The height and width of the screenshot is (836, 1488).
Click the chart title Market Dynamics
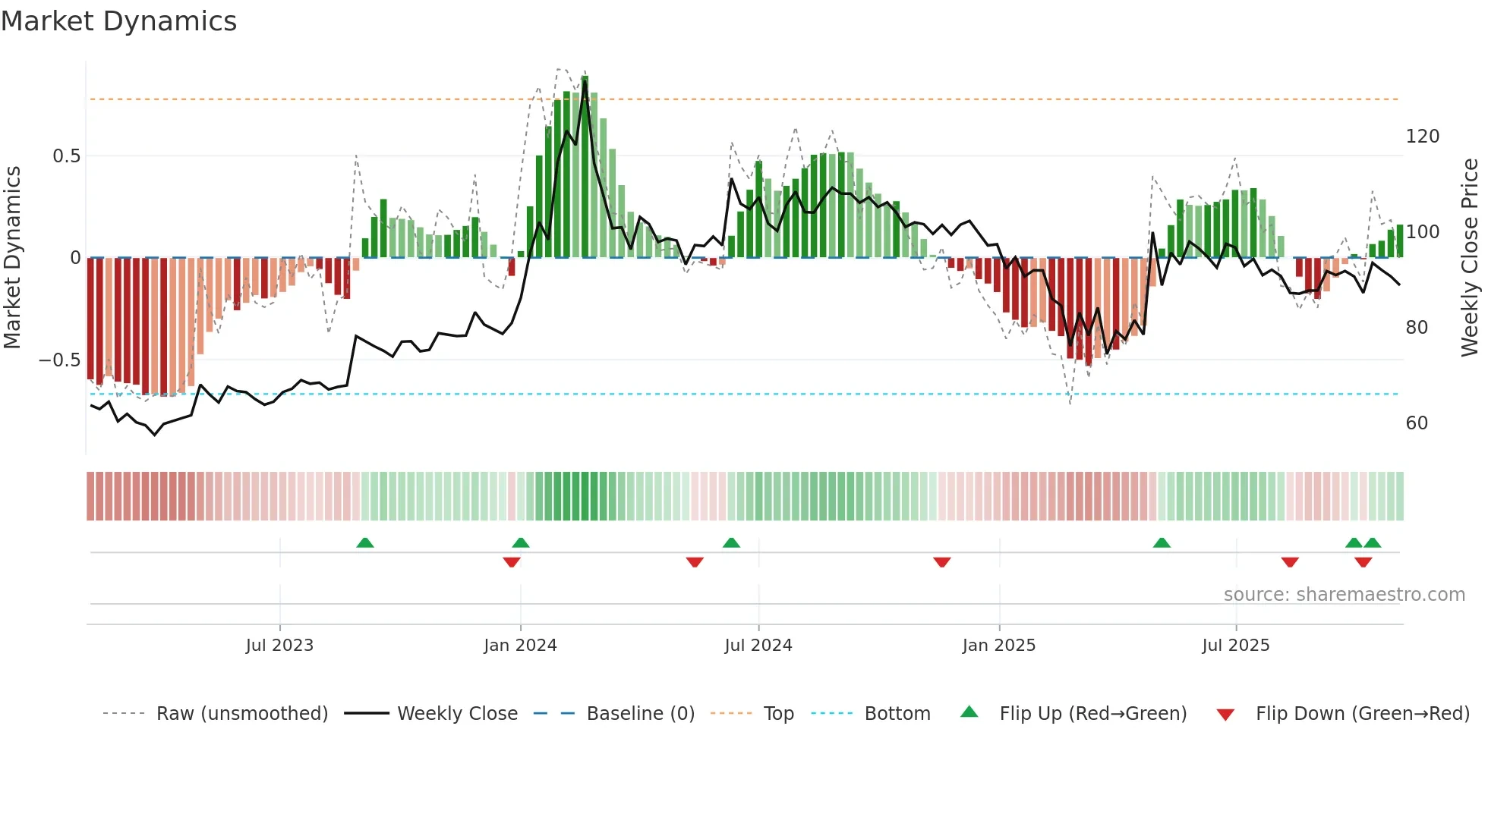tap(118, 21)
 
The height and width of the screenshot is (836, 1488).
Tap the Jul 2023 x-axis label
tap(279, 646)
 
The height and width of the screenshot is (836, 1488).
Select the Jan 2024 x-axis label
tap(520, 646)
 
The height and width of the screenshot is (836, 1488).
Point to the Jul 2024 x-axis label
tap(758, 646)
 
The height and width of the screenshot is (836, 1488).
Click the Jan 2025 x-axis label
tap(998, 646)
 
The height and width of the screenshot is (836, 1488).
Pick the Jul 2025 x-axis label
tap(1236, 646)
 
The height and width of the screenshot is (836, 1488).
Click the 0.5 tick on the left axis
tap(66, 156)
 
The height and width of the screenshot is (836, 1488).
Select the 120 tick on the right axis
tap(1422, 137)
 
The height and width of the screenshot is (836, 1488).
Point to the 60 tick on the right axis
tap(1417, 423)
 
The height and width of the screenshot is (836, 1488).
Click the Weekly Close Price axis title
tap(1471, 258)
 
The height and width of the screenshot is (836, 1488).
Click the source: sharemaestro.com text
tap(1344, 595)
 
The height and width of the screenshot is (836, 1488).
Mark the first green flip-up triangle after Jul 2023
tap(365, 543)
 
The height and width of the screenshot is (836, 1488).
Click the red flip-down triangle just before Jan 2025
tap(942, 562)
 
